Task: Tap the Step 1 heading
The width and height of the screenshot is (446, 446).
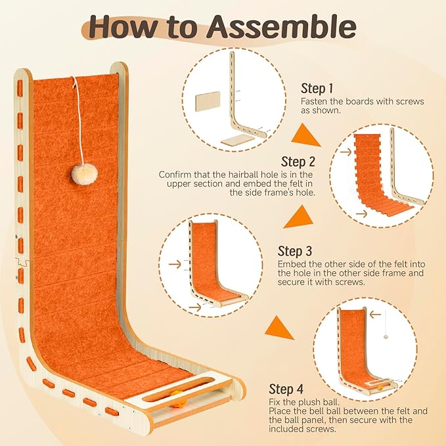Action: pyautogui.click(x=317, y=88)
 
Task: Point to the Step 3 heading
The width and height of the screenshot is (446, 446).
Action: pyautogui.click(x=296, y=251)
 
